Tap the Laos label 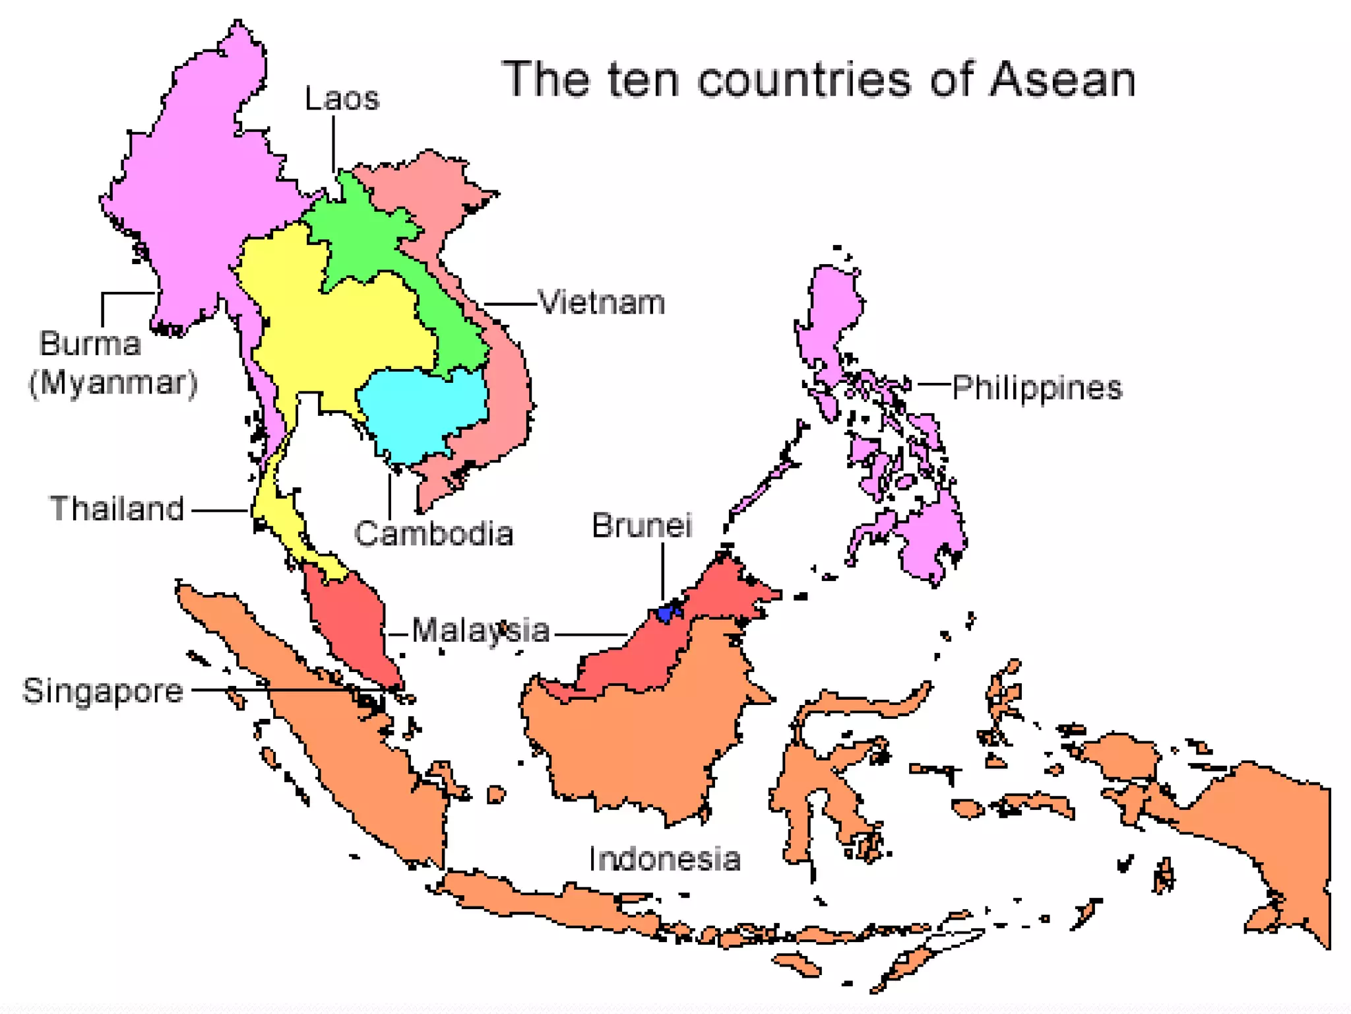tap(342, 99)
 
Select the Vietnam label tap(601, 303)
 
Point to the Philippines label tap(1036, 388)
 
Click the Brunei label tap(641, 526)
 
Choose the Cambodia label tap(433, 533)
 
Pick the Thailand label tap(117, 509)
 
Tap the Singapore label tap(103, 691)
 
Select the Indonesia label tap(664, 860)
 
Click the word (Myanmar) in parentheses tap(113, 383)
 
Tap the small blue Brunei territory tap(668, 612)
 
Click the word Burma tap(90, 344)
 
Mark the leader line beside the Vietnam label tap(509, 304)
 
